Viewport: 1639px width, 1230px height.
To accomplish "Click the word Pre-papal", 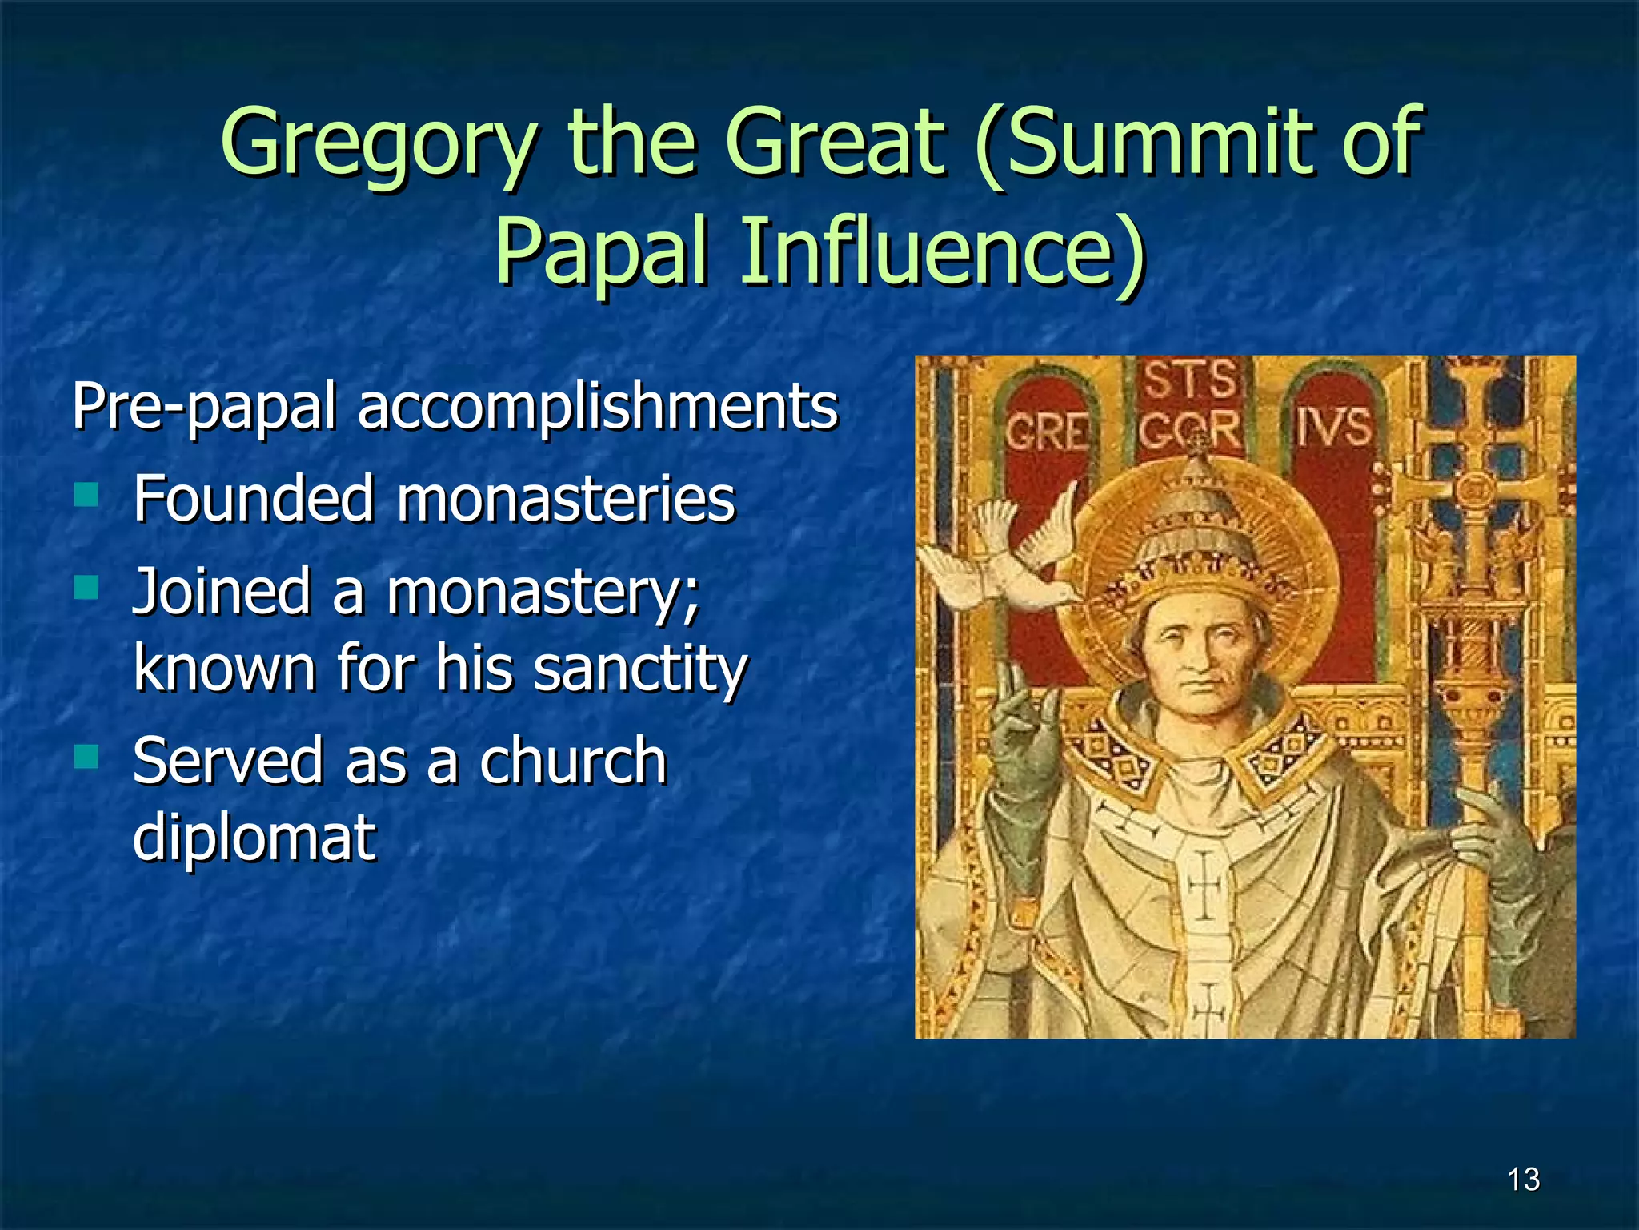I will [x=204, y=407].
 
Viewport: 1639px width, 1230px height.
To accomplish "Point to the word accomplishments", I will [x=597, y=407].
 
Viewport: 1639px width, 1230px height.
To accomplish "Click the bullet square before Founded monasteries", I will [x=86, y=494].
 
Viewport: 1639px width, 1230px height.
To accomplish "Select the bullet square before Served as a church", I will [x=86, y=756].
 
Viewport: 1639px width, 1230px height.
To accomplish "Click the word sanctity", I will [x=639, y=668].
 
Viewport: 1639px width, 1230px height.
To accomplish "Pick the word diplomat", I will [x=254, y=837].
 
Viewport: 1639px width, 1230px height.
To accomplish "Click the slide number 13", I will [x=1522, y=1180].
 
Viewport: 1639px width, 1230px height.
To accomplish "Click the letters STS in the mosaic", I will [x=1189, y=380].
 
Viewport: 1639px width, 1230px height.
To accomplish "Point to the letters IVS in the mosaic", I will [x=1332, y=427].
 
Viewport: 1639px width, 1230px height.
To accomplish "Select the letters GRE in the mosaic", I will [x=1047, y=433].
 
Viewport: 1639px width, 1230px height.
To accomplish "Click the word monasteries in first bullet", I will [x=565, y=499].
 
